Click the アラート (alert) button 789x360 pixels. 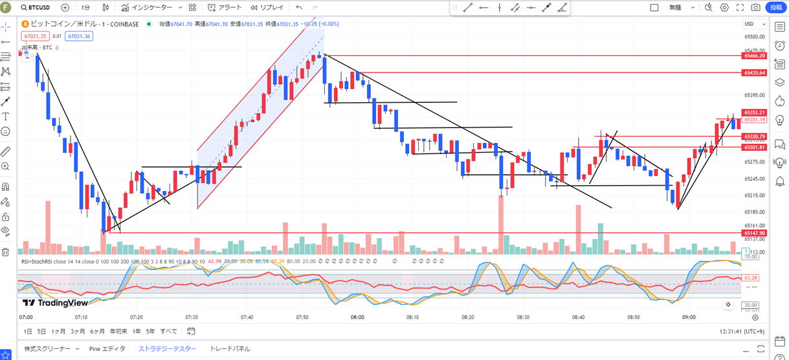pos(225,8)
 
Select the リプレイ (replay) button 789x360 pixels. pos(267,8)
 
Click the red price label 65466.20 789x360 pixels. pos(755,56)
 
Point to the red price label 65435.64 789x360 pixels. pos(755,73)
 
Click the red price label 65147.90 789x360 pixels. pos(755,233)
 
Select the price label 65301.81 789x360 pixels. pos(755,148)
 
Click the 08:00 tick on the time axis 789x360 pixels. pos(357,317)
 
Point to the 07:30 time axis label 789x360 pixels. pos(192,317)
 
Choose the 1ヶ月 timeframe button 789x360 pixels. pos(58,331)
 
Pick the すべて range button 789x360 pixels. pos(168,331)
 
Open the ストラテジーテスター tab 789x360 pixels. pos(167,348)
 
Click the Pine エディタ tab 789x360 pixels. pos(107,348)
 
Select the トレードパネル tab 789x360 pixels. pos(230,348)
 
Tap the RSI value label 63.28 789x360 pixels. pos(751,278)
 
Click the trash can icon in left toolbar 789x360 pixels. pos(5,252)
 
